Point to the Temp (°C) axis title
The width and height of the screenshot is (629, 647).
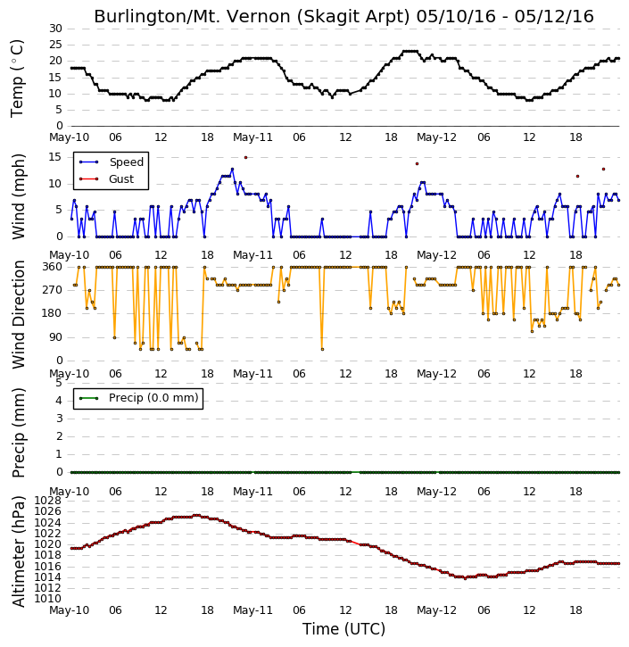click(x=17, y=79)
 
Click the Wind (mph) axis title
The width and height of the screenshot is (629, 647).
click(x=19, y=197)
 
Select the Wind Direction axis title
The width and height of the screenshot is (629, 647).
click(x=19, y=315)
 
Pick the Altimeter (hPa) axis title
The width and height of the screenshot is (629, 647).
click(x=18, y=552)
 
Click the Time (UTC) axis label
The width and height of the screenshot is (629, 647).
click(x=344, y=629)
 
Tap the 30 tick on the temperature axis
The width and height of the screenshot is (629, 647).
click(x=55, y=29)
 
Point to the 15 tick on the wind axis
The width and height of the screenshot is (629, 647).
click(x=54, y=157)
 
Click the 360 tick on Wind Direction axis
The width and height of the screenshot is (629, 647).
click(x=53, y=267)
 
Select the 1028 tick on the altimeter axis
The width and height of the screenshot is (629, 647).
click(x=48, y=501)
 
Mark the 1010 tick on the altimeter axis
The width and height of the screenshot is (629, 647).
click(x=48, y=599)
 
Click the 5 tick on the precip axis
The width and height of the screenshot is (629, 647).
click(x=59, y=383)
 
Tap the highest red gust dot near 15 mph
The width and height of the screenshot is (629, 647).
click(x=246, y=158)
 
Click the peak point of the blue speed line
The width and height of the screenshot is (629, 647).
click(x=232, y=170)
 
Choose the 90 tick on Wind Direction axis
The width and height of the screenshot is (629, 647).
click(x=55, y=337)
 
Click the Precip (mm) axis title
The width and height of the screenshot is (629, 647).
click(x=19, y=433)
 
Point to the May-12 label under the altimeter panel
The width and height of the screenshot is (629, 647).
click(x=437, y=610)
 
